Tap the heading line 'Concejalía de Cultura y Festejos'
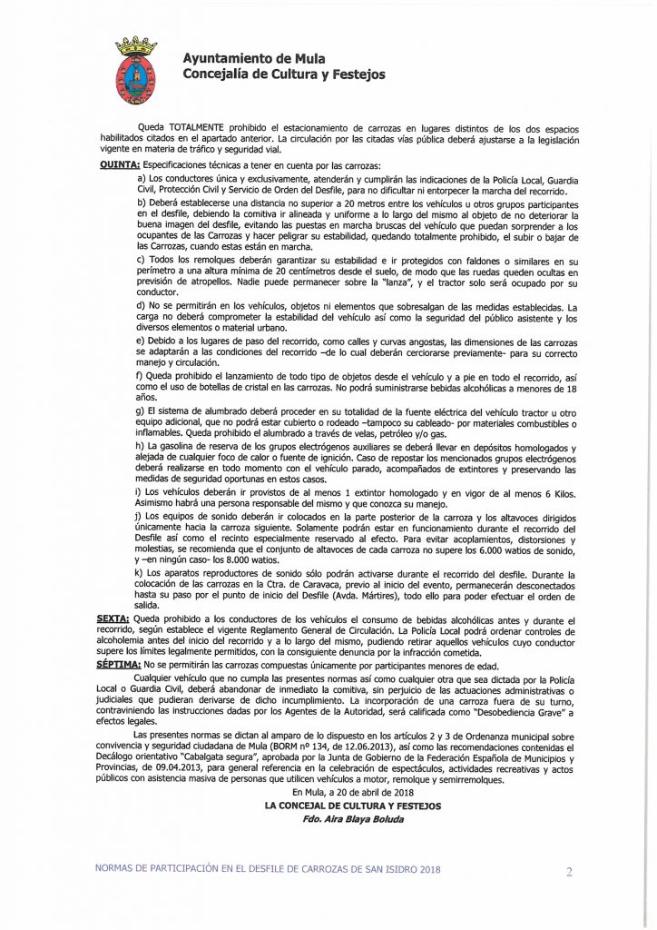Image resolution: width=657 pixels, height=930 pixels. click(283, 74)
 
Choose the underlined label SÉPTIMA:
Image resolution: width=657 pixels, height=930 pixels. click(118, 665)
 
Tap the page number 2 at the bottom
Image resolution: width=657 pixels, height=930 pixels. click(569, 873)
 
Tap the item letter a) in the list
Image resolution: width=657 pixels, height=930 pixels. click(141, 178)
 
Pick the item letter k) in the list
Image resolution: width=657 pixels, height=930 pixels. click(140, 575)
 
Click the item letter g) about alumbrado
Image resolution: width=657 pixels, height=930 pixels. click(140, 411)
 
